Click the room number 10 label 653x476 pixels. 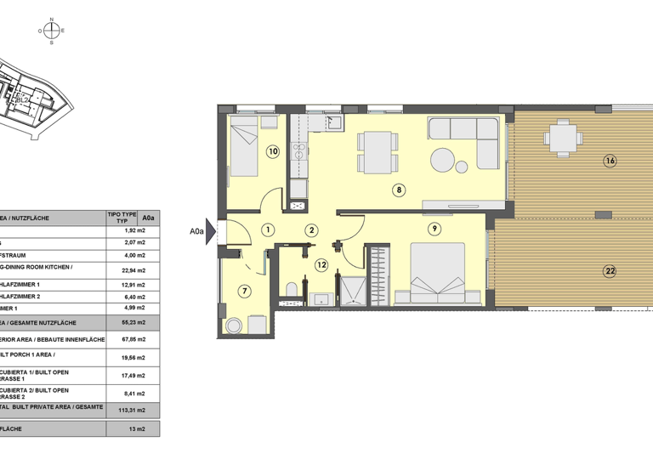tap(272, 152)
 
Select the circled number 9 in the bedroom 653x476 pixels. tap(434, 228)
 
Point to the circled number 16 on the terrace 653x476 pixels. tap(610, 161)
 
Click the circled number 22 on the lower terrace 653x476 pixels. tap(610, 272)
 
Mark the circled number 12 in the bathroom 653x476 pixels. tap(321, 265)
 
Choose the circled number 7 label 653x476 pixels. tap(245, 292)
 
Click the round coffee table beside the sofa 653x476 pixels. tap(444, 160)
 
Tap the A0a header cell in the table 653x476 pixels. tap(149, 218)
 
